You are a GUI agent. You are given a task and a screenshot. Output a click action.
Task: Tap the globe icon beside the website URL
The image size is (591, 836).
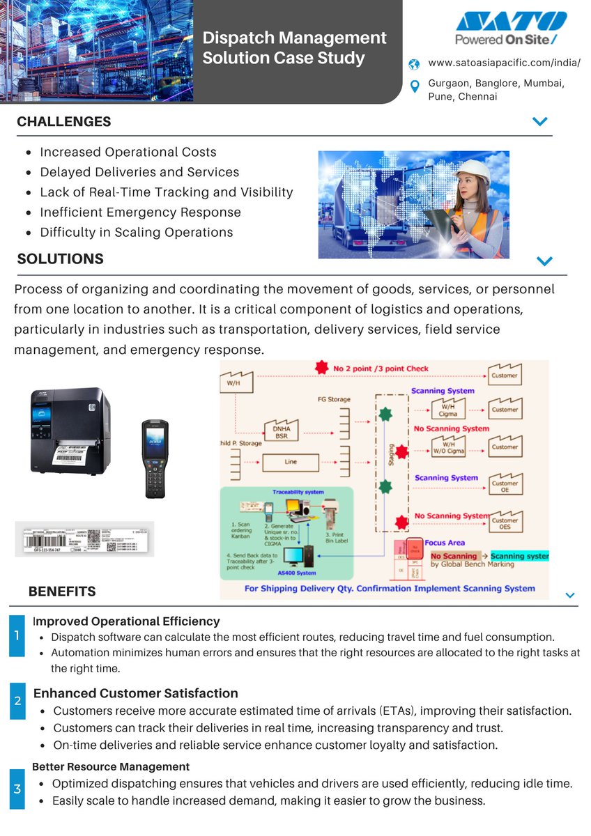click(415, 64)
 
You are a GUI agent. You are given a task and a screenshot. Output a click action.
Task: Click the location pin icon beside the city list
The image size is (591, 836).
click(415, 86)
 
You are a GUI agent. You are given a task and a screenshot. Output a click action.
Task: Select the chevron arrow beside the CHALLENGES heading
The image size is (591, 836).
click(539, 121)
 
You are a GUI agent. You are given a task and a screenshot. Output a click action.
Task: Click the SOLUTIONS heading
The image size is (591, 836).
click(60, 259)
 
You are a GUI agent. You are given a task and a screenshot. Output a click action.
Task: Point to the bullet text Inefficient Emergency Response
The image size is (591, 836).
click(140, 212)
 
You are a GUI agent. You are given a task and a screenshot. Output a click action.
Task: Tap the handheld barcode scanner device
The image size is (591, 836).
click(155, 458)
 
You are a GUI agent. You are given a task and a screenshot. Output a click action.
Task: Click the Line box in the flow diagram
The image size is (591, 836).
click(290, 461)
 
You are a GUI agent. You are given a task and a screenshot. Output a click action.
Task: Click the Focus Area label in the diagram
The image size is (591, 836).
click(445, 543)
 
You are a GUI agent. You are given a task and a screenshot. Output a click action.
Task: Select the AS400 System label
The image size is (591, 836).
click(297, 573)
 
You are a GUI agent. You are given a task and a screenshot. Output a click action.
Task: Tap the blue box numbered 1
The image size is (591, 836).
click(17, 635)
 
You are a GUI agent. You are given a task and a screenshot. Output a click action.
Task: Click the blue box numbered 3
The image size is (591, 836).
click(17, 789)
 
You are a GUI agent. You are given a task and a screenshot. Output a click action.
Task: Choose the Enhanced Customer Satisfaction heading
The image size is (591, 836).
click(136, 693)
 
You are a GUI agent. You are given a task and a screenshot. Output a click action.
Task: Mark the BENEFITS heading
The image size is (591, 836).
click(62, 592)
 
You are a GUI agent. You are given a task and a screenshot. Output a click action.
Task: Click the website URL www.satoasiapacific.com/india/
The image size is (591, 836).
click(504, 63)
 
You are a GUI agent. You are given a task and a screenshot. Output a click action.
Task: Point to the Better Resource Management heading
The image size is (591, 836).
click(111, 766)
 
